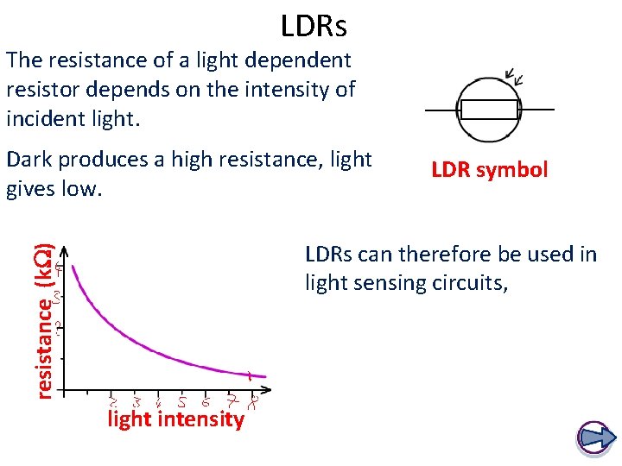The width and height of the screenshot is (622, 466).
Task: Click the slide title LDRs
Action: pyautogui.click(x=314, y=27)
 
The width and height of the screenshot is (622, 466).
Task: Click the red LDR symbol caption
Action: pyautogui.click(x=489, y=170)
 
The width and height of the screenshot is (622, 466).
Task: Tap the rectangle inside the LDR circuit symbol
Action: pyautogui.click(x=489, y=110)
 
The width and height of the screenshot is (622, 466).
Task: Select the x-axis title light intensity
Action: pyautogui.click(x=175, y=420)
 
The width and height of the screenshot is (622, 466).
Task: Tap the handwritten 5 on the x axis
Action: pyautogui.click(x=182, y=402)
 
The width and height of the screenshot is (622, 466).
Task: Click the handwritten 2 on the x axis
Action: pyautogui.click(x=112, y=402)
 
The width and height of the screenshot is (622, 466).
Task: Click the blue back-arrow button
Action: pyautogui.click(x=593, y=438)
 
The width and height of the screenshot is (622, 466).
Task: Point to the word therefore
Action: pyautogui.click(x=417, y=255)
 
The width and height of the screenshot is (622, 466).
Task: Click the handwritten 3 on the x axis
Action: pyautogui.click(x=137, y=402)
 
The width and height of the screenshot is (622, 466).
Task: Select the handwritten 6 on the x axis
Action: pyautogui.click(x=206, y=402)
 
